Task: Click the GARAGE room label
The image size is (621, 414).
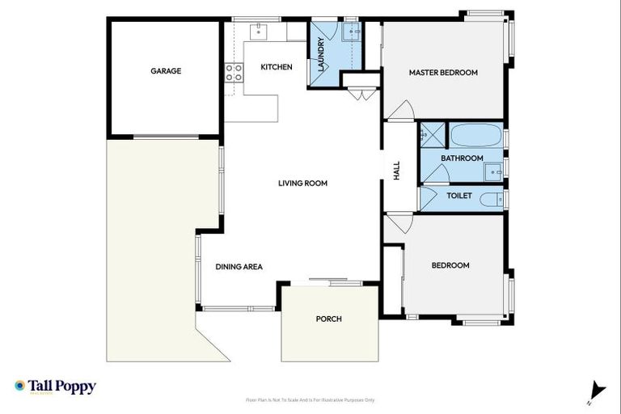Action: [165, 71]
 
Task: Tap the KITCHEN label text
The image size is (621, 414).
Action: [276, 67]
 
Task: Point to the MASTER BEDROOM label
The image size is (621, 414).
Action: [443, 73]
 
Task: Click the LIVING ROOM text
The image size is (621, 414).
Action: [302, 184]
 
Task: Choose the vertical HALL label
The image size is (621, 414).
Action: [397, 171]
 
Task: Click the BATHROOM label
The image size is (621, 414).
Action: [463, 158]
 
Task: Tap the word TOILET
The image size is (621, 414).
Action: [458, 196]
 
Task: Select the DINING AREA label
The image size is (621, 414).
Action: [239, 267]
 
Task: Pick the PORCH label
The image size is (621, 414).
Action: [328, 319]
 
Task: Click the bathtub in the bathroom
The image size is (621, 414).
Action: [475, 134]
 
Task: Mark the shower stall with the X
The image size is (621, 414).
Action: [430, 134]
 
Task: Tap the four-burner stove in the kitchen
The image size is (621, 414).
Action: [234, 74]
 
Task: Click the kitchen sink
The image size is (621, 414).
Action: [261, 32]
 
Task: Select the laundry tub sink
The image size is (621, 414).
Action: [351, 32]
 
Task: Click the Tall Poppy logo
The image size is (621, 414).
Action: [55, 387]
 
